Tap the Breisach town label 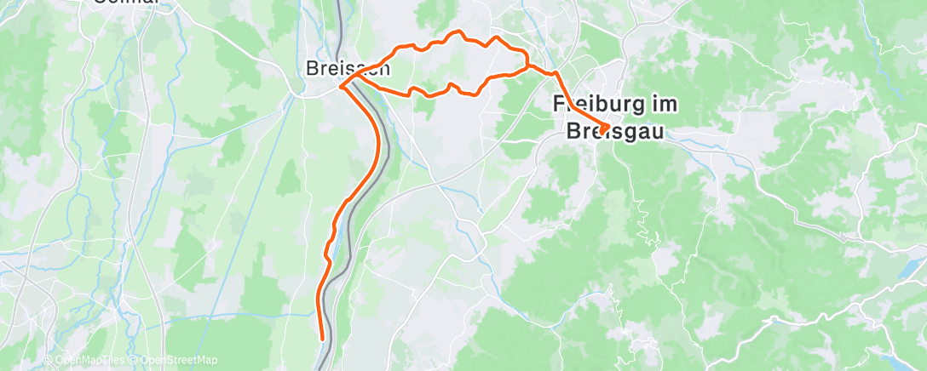click(x=348, y=68)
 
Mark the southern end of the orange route click(x=323, y=339)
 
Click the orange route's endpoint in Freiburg click(x=604, y=129)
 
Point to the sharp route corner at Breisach click(x=341, y=86)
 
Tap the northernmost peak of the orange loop click(x=460, y=32)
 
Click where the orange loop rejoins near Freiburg click(x=528, y=65)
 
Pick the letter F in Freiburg click(x=559, y=105)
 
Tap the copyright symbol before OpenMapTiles click(x=49, y=361)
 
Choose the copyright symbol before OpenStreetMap click(x=135, y=361)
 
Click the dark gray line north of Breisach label click(x=339, y=26)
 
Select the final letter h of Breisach click(x=384, y=68)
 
